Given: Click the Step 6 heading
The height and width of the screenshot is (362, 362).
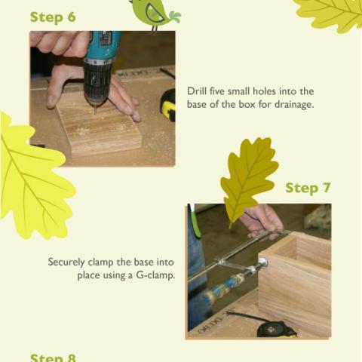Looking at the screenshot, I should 53,17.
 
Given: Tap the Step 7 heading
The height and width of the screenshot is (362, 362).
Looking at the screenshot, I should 308,188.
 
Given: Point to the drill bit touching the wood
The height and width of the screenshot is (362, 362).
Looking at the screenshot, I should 97,110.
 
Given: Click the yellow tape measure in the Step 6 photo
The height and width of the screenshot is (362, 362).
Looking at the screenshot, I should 167,106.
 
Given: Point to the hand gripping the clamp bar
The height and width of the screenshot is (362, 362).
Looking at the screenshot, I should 260,219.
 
